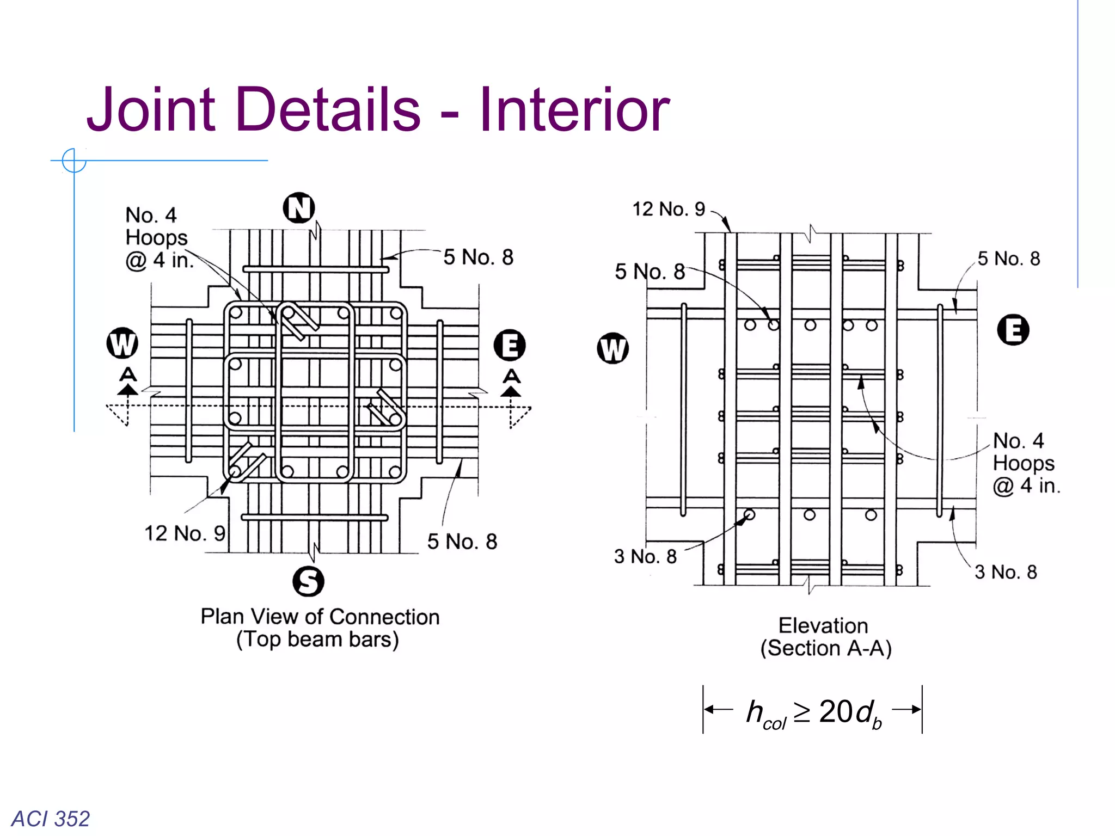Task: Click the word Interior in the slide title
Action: point(574,110)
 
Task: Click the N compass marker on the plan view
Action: point(299,208)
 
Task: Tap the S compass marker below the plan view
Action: point(308,581)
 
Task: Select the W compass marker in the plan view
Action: point(122,343)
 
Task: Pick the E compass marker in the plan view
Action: point(510,346)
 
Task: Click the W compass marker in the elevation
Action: point(612,348)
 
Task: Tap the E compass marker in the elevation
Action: point(1013,330)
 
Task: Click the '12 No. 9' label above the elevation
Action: point(668,209)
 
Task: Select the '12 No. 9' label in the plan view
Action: point(185,533)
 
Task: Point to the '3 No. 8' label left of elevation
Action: point(645,556)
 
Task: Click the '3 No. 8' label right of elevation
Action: point(1006,572)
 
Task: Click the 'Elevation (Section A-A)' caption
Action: point(824,637)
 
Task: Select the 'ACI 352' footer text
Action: point(51,819)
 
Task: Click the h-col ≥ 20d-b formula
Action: point(813,712)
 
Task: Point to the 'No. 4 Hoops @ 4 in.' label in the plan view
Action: point(158,238)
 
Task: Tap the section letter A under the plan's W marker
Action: point(128,374)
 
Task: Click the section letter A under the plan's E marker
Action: point(511,376)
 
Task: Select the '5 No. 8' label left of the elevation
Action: point(650,272)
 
